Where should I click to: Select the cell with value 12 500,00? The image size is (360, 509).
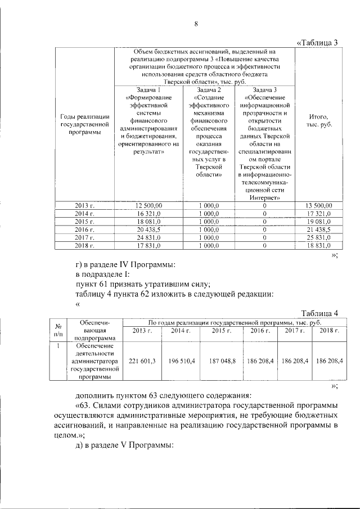coord(149,205)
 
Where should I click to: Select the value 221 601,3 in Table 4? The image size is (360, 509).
coord(142,359)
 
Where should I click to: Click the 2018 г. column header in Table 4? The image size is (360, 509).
coord(329,330)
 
